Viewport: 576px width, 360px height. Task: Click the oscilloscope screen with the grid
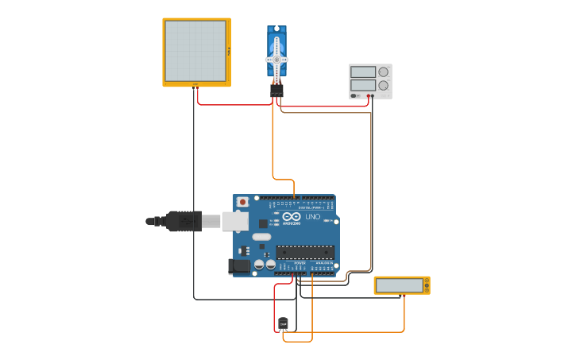(195, 51)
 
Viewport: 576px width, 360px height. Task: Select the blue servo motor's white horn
(276, 59)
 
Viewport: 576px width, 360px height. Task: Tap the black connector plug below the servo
(276, 91)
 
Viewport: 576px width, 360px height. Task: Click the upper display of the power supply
(363, 72)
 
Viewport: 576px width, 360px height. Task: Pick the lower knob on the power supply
(384, 84)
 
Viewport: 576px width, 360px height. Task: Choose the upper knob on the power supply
(384, 72)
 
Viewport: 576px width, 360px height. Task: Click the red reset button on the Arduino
(242, 203)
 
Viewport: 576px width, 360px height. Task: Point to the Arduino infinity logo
(292, 216)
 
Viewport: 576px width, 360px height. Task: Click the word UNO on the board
(312, 216)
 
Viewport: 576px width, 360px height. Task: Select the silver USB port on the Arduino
(235, 221)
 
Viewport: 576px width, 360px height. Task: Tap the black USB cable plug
(184, 221)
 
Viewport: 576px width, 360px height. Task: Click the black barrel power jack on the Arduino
(239, 267)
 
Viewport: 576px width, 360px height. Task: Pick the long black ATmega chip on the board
(305, 252)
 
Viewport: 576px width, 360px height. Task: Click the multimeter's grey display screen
(400, 285)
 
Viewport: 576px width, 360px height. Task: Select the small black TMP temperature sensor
(284, 323)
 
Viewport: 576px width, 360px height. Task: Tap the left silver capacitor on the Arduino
(259, 264)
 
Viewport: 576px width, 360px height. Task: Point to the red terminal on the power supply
(373, 95)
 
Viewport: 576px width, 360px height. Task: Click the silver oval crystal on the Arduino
(261, 236)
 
